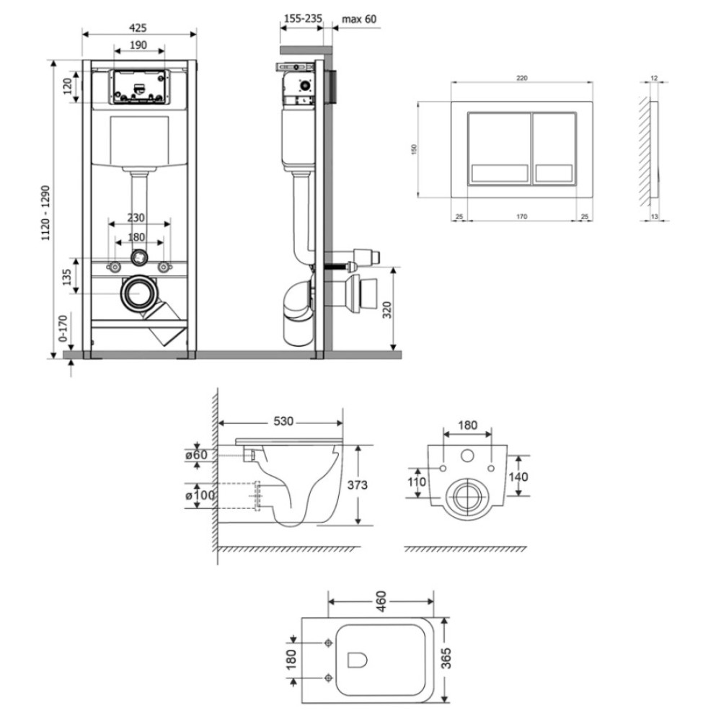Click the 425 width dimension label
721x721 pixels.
pyautogui.click(x=138, y=27)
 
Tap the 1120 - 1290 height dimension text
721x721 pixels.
pyautogui.click(x=45, y=213)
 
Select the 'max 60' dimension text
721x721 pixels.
pyautogui.click(x=359, y=19)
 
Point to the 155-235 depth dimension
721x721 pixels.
pyautogui.click(x=302, y=19)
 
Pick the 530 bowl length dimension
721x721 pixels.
pyautogui.click(x=283, y=421)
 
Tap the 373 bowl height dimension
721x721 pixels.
pyautogui.click(x=358, y=485)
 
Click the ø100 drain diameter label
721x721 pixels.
pyautogui.click(x=200, y=495)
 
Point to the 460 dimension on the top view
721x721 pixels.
pyautogui.click(x=381, y=601)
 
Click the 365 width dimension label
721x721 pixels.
pyautogui.click(x=446, y=658)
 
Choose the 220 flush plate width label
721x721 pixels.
pyautogui.click(x=522, y=78)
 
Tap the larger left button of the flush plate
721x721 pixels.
pyautogui.click(x=500, y=149)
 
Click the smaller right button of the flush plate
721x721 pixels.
pyautogui.click(x=554, y=149)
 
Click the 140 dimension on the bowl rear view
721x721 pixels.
pyautogui.click(x=518, y=477)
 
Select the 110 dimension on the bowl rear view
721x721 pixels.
pyautogui.click(x=417, y=482)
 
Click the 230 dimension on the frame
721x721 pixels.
pyautogui.click(x=136, y=218)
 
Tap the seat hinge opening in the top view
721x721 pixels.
pyautogui.click(x=358, y=660)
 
